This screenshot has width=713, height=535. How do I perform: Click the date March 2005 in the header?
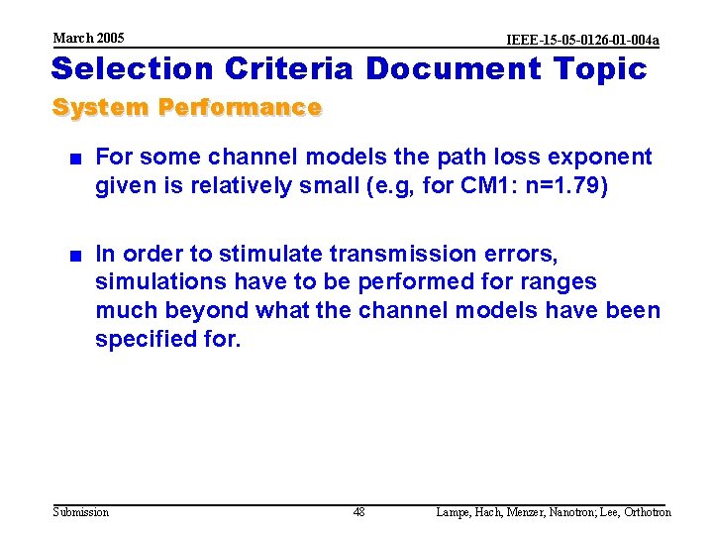(x=88, y=38)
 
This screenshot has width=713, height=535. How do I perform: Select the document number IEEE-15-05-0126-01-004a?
(x=582, y=40)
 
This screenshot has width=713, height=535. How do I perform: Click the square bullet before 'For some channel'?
(x=74, y=158)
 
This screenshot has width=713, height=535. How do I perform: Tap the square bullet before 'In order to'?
(x=74, y=255)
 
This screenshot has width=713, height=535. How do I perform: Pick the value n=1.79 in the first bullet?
(x=553, y=185)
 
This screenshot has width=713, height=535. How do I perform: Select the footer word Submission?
(x=80, y=512)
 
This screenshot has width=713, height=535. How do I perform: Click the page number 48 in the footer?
(x=358, y=512)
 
